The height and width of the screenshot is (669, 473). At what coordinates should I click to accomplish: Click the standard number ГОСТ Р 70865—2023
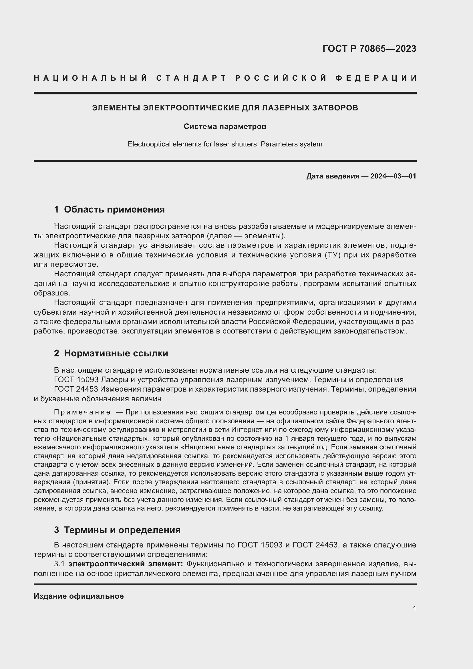(x=369, y=49)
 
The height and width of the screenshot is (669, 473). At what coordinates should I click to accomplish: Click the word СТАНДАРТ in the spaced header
(x=191, y=78)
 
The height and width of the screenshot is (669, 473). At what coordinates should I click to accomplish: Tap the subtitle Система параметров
(x=225, y=126)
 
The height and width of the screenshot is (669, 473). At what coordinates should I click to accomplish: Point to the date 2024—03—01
(x=393, y=176)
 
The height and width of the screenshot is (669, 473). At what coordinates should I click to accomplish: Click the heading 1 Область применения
(x=109, y=209)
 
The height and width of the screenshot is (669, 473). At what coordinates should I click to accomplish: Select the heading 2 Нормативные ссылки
(x=111, y=353)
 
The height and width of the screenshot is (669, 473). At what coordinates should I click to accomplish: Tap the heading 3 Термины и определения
(x=117, y=530)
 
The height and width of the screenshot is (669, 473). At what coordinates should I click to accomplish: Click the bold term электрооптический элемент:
(x=126, y=564)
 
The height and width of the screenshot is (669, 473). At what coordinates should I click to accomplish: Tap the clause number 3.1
(x=59, y=564)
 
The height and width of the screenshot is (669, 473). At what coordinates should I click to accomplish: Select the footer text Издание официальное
(x=79, y=596)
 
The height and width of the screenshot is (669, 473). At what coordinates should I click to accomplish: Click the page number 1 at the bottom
(x=414, y=608)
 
